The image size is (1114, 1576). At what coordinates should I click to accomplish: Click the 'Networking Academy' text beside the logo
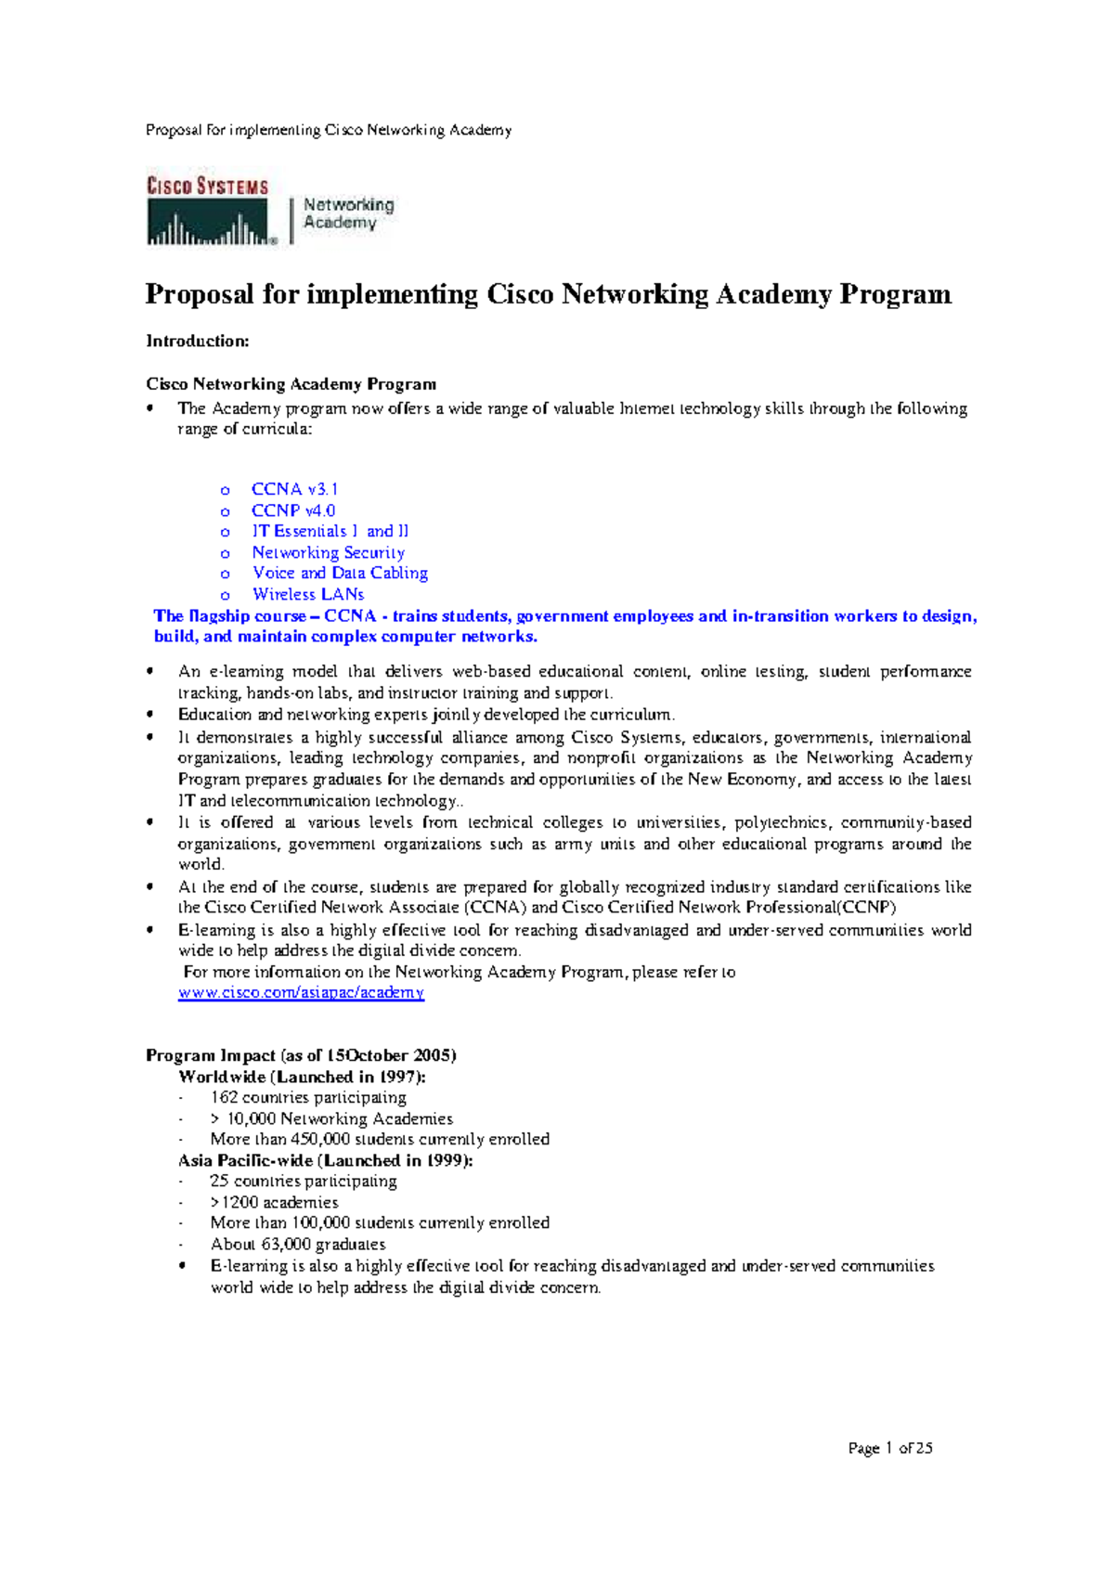348,213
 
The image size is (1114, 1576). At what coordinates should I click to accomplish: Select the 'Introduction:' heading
198,342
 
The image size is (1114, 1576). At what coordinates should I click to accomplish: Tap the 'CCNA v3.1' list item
294,489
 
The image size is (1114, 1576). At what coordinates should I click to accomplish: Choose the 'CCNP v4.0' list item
293,510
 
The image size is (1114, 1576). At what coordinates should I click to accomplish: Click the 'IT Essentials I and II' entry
330,531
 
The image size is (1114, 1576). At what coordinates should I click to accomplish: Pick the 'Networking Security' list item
328,552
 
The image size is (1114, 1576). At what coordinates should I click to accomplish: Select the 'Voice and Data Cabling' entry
340,574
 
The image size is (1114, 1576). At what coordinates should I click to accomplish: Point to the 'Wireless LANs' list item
308,594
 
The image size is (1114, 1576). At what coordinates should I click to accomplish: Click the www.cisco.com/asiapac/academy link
301,993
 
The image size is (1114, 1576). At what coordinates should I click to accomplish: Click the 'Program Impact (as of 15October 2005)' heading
301,1055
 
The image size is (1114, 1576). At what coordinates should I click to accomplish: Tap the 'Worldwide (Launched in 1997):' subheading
302,1077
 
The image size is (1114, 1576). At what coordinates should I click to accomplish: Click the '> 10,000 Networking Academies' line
331,1118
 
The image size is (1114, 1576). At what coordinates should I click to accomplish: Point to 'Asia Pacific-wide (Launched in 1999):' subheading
325,1160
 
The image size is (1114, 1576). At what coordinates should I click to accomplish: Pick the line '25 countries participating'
304,1181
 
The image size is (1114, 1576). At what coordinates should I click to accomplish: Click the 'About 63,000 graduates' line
297,1244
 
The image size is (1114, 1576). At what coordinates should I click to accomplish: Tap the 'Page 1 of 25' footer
889,1448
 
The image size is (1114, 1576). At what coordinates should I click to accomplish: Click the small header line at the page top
329,130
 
